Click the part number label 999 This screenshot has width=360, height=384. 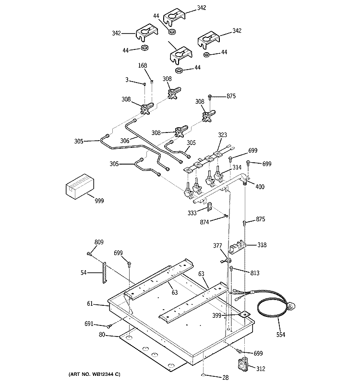98,200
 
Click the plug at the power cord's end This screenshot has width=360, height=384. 291,305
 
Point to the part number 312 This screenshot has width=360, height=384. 261,369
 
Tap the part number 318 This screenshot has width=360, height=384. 262,244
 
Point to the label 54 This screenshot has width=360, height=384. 83,273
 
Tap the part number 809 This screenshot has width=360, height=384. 99,242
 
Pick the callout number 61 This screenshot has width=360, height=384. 90,304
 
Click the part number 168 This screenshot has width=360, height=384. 143,66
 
